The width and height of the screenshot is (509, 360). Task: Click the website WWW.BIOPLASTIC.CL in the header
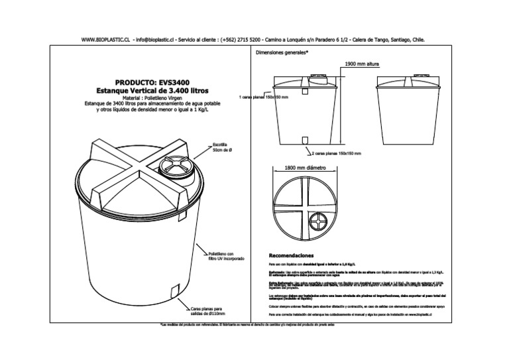tap(105, 40)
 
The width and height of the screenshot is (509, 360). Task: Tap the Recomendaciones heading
tap(292, 255)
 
